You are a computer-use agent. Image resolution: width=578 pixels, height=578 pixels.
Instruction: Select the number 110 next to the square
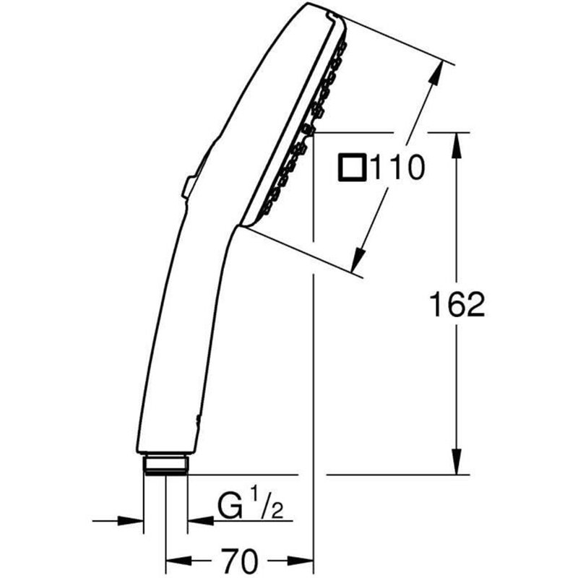tap(395, 169)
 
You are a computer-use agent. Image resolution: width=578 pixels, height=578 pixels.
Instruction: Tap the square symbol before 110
tap(353, 169)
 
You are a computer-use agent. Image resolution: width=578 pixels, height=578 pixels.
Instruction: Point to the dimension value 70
tap(240, 560)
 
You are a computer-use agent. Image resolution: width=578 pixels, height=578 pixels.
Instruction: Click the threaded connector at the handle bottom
tap(165, 464)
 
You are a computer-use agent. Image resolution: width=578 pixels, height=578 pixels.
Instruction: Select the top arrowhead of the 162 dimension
tap(456, 144)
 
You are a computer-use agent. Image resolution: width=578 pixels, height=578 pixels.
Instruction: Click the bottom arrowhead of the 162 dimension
tap(456, 462)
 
